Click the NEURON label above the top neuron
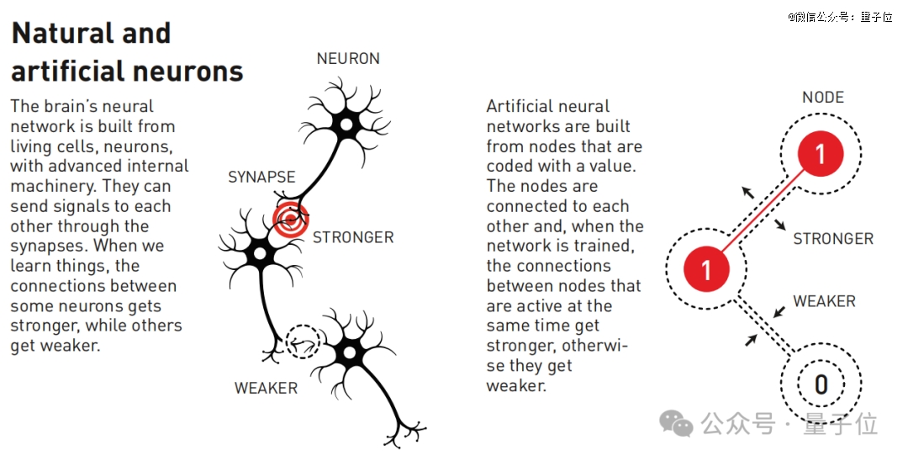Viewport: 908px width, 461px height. (x=348, y=59)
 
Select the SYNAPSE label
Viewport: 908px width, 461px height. (x=261, y=177)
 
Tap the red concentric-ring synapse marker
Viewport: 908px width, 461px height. (x=291, y=220)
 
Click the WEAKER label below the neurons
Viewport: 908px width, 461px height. (x=266, y=388)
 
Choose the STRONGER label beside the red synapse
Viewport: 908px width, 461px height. (x=353, y=237)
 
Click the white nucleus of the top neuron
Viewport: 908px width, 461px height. (x=346, y=125)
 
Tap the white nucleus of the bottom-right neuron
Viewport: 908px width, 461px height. (x=349, y=352)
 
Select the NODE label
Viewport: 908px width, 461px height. (x=823, y=98)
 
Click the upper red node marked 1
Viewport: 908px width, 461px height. (x=821, y=153)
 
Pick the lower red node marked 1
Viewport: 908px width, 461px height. (x=706, y=269)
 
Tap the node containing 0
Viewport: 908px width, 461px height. (x=821, y=384)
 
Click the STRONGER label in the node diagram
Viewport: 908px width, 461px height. (x=833, y=239)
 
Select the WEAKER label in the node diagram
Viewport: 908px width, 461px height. (x=824, y=301)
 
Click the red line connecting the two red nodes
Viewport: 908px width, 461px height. (x=763, y=211)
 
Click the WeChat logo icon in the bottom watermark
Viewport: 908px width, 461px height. (x=676, y=423)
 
